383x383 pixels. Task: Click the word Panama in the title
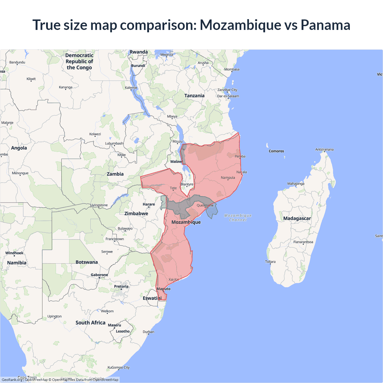coord(325,25)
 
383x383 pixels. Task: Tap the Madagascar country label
coord(297,218)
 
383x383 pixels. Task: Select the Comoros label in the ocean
coord(276,151)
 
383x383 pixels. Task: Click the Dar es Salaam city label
coord(228,96)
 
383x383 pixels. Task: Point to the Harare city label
coord(149,204)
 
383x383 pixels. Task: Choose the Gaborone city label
coord(99,275)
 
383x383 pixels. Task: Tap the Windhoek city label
coord(14,253)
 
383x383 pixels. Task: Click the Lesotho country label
coord(123,331)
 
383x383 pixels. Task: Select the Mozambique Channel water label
coord(238,218)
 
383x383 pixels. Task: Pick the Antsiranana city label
coord(324,149)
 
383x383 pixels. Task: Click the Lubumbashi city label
coord(114,143)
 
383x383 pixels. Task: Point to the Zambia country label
coord(115,174)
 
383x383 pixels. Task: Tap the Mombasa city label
coord(232,69)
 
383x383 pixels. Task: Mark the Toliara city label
coord(270,262)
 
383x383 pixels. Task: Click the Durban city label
coord(148,332)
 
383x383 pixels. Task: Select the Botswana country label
coord(86,262)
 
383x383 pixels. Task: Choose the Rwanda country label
coord(139,52)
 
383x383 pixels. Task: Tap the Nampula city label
coord(228,178)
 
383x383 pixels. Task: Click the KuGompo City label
coord(118,367)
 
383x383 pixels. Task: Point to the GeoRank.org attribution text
coord(12,380)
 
